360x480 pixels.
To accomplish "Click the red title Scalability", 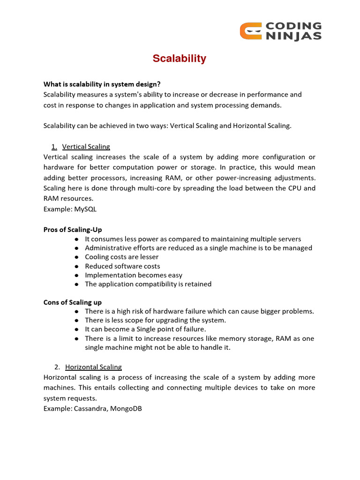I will (x=180, y=59).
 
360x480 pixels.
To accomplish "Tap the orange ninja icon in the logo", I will (x=249, y=31).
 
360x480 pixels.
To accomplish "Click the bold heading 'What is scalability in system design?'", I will (x=102, y=84).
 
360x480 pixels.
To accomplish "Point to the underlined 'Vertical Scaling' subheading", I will (x=86, y=147).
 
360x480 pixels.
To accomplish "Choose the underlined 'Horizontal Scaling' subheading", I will (x=93, y=367).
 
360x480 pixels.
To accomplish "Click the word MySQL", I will (x=85, y=209).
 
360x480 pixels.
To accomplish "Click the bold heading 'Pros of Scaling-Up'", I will (x=73, y=230).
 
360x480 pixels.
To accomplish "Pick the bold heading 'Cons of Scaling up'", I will (x=73, y=302).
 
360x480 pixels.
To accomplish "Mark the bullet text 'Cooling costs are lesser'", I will (x=122, y=257).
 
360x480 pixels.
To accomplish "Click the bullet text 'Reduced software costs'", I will (x=122, y=266).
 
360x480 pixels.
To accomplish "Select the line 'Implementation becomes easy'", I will (x=134, y=275).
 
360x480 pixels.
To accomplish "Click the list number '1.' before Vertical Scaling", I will (x=54, y=147).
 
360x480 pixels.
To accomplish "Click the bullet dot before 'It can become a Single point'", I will (x=76, y=330).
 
